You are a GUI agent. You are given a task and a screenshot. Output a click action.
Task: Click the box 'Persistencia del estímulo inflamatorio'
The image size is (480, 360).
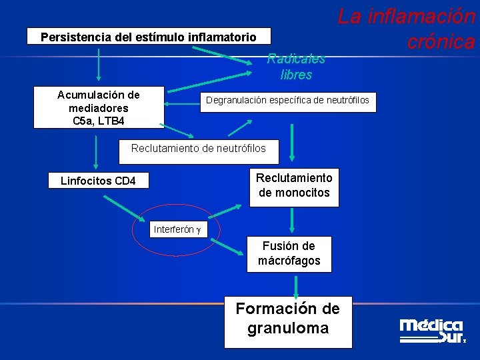coord(149,36)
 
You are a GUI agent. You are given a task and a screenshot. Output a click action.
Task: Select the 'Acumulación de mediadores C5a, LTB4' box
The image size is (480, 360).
coord(99,107)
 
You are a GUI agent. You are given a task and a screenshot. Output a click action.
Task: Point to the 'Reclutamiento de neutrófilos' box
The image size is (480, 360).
coord(198,149)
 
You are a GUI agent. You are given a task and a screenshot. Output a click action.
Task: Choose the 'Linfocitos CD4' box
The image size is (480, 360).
coord(98,181)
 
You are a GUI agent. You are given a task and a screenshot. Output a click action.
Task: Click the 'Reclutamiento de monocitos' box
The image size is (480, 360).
coord(294,186)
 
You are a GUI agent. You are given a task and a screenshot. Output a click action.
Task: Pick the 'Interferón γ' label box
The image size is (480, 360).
coord(178,229)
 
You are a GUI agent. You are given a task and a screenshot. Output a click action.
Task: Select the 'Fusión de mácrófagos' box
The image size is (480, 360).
coord(289,253)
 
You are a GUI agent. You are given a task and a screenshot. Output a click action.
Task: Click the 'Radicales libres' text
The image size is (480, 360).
coord(296,67)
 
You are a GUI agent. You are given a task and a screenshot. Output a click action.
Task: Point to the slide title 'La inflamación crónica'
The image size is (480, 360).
coord(407,29)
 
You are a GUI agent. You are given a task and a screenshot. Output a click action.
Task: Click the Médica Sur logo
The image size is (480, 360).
coord(431,331)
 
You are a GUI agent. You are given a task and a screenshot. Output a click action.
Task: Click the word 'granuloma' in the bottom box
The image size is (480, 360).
coord(288,329)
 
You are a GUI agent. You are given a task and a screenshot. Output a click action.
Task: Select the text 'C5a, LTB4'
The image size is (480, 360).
coord(99,121)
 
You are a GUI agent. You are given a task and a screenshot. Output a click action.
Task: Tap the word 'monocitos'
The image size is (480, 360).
coord(294,193)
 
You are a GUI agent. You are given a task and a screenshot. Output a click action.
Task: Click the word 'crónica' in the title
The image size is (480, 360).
coord(441,42)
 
